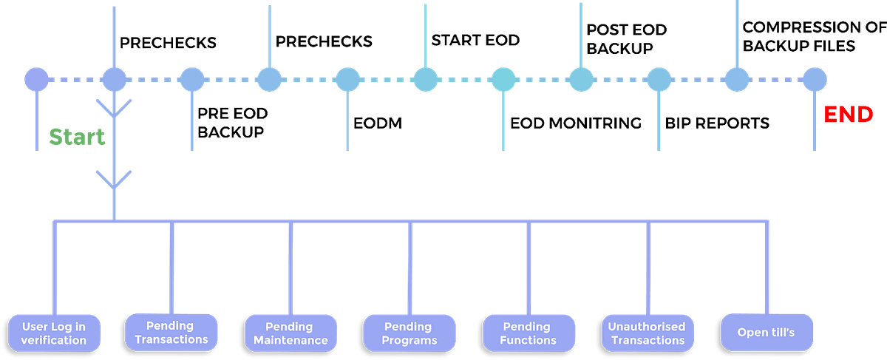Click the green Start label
coord(77,137)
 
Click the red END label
coord(848,115)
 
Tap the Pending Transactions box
coord(173,332)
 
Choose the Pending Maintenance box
coord(290,333)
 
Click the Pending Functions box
coord(529,333)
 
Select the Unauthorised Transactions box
coord(648,333)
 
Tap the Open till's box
coord(766,332)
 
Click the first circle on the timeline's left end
coord(35,79)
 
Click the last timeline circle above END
coord(814,79)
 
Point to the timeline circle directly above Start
coord(114,79)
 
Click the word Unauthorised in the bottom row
coord(648,326)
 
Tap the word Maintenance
coord(290,340)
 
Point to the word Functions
coord(529,340)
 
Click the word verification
coord(54,340)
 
